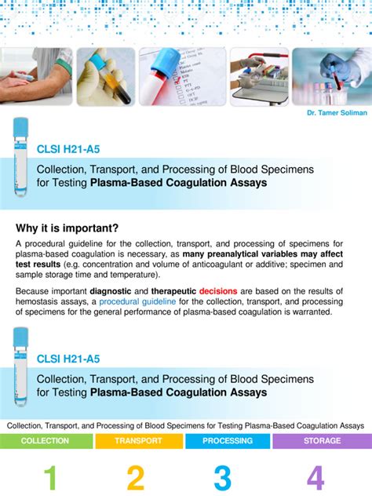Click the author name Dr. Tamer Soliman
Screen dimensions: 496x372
(x=337, y=113)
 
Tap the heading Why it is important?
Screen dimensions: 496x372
(x=67, y=228)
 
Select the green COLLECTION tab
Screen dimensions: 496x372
(x=45, y=440)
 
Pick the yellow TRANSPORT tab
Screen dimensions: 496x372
(x=138, y=440)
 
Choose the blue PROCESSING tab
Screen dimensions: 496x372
(x=228, y=440)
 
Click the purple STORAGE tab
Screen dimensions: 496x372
(x=322, y=440)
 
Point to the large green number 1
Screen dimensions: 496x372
(x=49, y=479)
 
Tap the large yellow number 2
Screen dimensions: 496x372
(x=136, y=479)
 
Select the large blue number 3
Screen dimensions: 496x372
(x=223, y=479)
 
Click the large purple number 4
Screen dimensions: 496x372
(x=315, y=479)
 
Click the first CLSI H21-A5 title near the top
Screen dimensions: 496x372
(x=68, y=149)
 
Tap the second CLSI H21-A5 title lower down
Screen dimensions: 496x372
(x=68, y=359)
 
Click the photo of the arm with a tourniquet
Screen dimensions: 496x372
(x=36, y=76)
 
